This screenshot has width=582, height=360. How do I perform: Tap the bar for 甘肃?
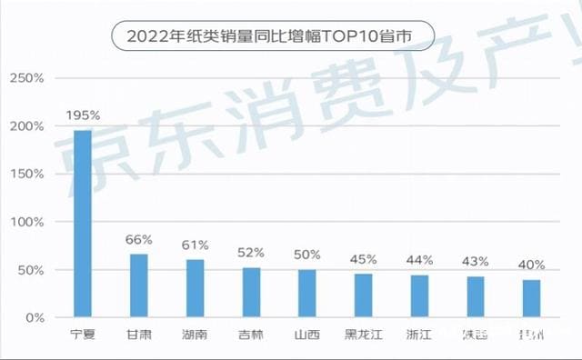point(139,285)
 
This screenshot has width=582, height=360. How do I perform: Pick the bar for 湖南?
point(195,288)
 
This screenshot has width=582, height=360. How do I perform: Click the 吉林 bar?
point(251,293)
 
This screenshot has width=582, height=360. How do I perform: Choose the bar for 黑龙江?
point(364,295)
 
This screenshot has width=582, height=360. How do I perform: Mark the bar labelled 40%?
point(532,298)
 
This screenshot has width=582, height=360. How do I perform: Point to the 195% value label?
point(83,117)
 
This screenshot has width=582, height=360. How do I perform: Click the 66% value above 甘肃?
point(139,240)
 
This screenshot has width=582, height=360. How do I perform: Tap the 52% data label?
point(251,253)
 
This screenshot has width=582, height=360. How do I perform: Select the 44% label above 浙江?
point(420,260)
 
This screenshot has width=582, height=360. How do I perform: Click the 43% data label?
point(477,262)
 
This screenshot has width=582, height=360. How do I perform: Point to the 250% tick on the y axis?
point(26,78)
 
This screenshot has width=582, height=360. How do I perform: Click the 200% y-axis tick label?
point(26,126)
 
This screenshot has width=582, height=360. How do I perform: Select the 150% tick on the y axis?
point(26,174)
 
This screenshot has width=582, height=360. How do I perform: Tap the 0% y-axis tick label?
point(34,318)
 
